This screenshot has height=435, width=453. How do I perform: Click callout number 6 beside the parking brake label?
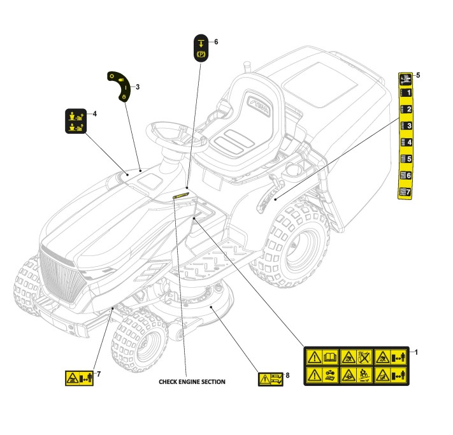tap(216, 42)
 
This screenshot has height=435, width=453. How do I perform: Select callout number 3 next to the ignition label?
tap(138, 87)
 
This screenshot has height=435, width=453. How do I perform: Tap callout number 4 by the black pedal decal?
tap(94, 114)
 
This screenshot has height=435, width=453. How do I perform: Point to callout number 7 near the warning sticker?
tap(99, 373)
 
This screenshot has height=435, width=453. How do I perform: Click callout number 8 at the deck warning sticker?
tap(287, 375)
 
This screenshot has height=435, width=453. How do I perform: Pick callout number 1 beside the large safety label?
tap(416, 352)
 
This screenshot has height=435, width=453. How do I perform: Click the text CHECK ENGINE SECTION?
tap(192, 382)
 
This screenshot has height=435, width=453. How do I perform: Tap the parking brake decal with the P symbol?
tap(201, 49)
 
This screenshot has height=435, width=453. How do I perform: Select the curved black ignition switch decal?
tap(122, 85)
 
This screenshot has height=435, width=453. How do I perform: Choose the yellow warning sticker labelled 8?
tap(270, 380)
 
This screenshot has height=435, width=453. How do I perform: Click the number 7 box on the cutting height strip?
tap(405, 191)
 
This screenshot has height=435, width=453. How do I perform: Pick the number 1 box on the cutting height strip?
tap(405, 93)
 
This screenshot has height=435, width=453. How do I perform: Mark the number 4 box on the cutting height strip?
tap(405, 143)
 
